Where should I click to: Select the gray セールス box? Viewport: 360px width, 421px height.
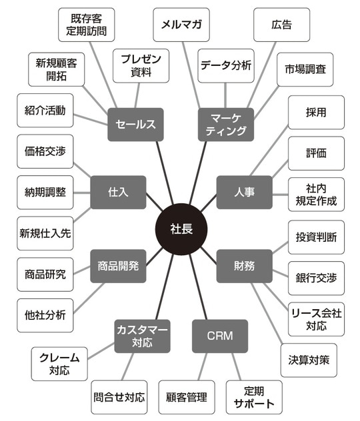(x=135, y=124)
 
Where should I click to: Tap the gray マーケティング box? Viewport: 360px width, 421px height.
(x=227, y=124)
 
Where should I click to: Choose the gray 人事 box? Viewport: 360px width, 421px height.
(x=245, y=192)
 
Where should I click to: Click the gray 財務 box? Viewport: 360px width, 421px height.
(x=245, y=266)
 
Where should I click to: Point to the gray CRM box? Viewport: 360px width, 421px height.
(x=220, y=336)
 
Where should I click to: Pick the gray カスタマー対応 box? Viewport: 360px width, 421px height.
(x=142, y=336)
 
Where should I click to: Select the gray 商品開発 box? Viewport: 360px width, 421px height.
(x=118, y=266)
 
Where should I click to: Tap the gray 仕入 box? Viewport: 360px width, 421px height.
(x=118, y=192)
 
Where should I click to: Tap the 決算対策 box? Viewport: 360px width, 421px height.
(x=308, y=360)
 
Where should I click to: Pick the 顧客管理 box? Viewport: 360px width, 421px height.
(x=186, y=397)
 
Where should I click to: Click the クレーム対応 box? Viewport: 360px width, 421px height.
(x=59, y=364)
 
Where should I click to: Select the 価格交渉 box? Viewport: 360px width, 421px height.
(x=44, y=152)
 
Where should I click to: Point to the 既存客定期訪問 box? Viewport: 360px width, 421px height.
(x=87, y=25)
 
